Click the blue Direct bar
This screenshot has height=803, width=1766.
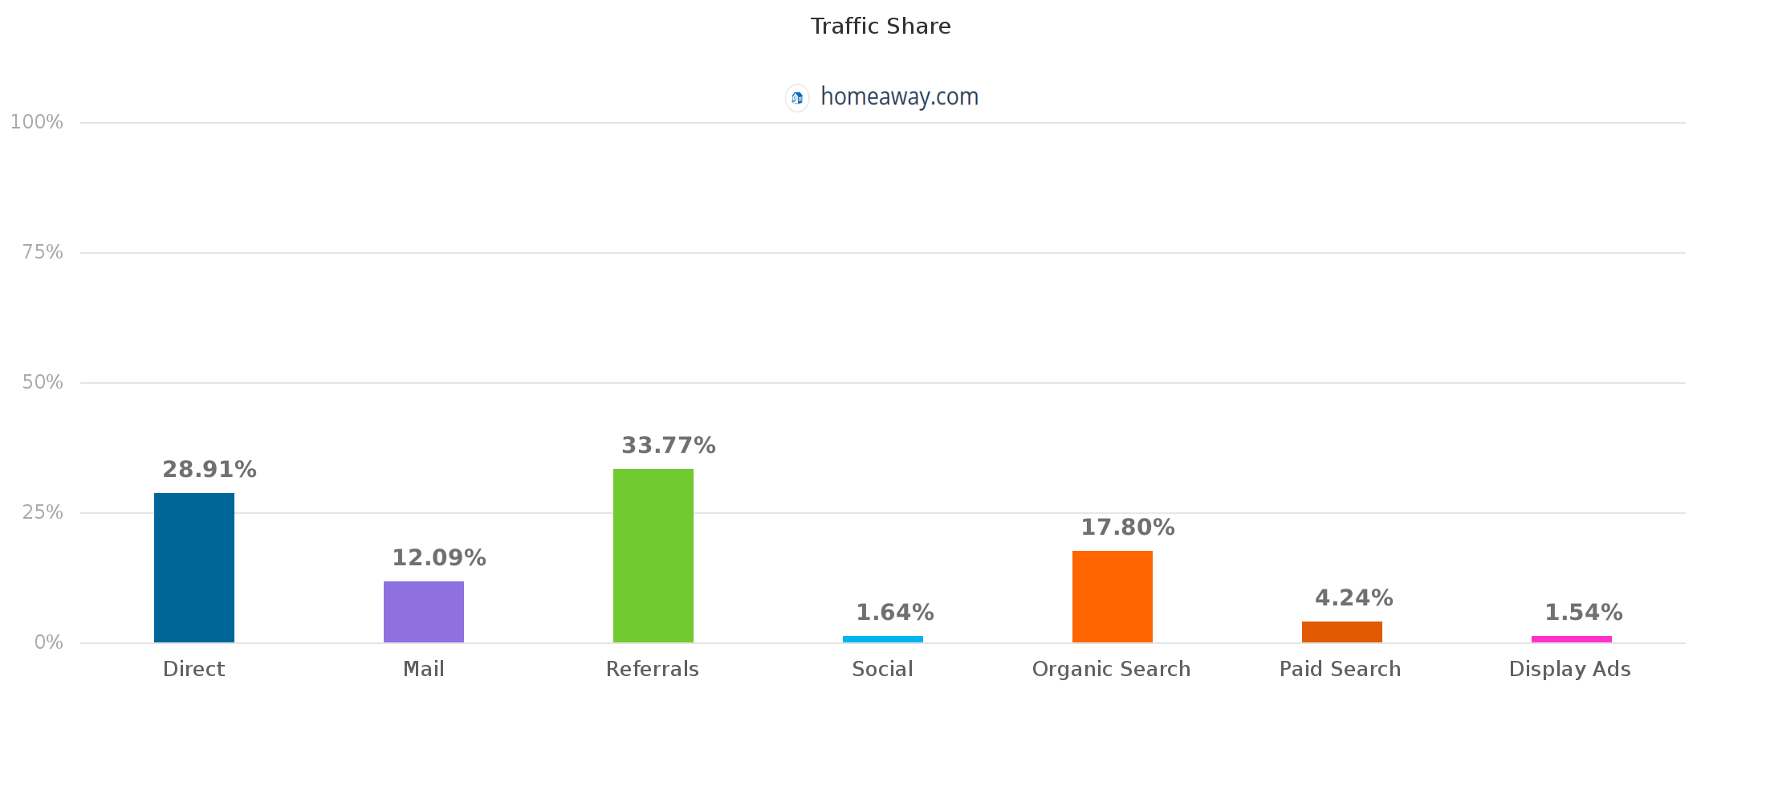(x=194, y=568)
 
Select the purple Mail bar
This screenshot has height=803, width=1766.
(x=424, y=612)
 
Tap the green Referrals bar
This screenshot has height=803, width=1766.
(x=653, y=556)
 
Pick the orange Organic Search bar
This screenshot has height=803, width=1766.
(x=1113, y=597)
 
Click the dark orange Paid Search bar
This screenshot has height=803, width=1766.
(x=1342, y=632)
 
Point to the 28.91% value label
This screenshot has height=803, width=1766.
(x=210, y=470)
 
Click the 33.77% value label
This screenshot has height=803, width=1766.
(x=669, y=446)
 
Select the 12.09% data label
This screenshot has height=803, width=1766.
(x=439, y=558)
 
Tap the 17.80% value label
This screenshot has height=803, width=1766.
(x=1128, y=528)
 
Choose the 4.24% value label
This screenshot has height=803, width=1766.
(x=1354, y=598)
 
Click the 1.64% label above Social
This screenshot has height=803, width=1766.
(x=895, y=613)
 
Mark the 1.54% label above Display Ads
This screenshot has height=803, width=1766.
(x=1584, y=613)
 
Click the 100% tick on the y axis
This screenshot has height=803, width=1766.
(x=37, y=122)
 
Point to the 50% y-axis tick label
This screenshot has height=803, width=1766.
(x=43, y=382)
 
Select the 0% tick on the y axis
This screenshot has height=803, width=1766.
(x=48, y=642)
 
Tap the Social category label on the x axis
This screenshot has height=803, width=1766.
(x=882, y=670)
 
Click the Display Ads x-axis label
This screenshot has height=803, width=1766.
(x=1570, y=670)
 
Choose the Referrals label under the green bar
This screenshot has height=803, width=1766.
(x=653, y=670)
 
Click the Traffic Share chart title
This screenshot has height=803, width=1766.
(x=881, y=26)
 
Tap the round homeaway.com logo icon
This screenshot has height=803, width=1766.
(x=797, y=98)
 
